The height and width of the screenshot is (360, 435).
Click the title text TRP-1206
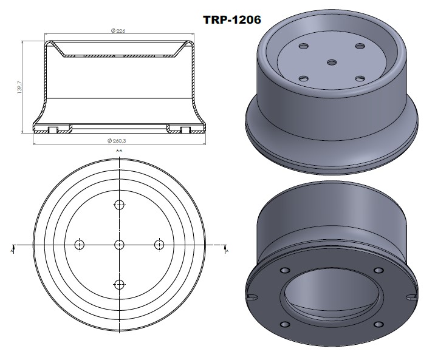point(231,19)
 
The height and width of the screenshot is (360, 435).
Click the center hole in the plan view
point(119,245)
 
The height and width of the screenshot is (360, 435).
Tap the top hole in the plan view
point(119,204)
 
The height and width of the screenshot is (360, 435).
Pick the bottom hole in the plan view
point(119,284)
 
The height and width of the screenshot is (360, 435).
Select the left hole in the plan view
point(78,245)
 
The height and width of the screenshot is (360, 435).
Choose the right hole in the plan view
point(160,245)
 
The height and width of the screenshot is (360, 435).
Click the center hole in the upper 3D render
point(331,62)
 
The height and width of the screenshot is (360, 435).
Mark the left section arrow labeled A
point(13,248)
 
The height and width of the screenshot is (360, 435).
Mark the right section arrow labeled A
point(226,248)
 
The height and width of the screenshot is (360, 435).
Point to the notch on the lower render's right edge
point(413,297)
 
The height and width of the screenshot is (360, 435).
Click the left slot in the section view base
point(53,129)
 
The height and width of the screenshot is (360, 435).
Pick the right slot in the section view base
point(185,129)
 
